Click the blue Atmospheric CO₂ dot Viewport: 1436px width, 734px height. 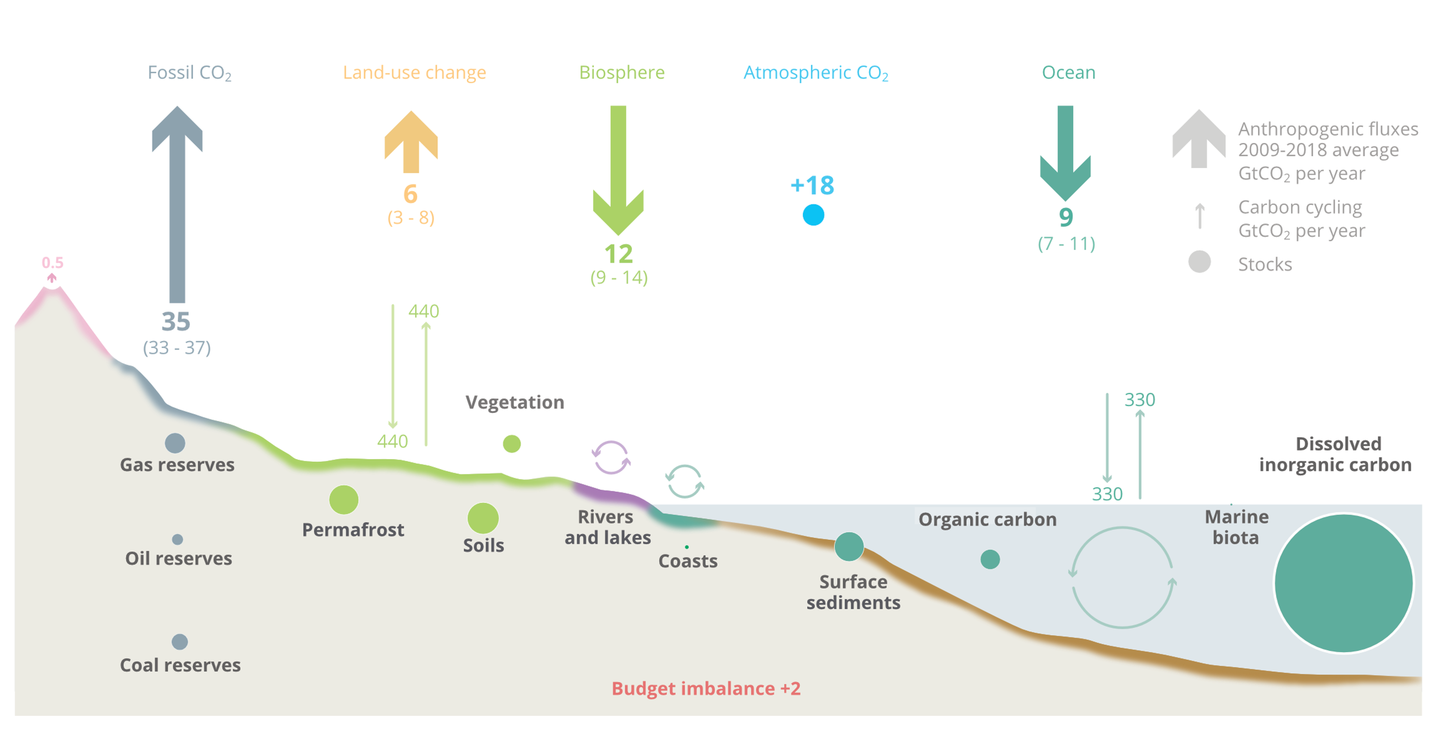813,215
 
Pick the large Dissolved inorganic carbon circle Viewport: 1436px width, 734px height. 1344,583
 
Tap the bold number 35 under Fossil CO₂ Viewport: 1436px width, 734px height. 176,322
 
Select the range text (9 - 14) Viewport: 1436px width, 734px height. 619,277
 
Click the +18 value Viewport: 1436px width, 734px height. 812,185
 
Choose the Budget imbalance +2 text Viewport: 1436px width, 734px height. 706,688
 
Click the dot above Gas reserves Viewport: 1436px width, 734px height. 175,443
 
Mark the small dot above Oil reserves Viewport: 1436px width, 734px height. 177,539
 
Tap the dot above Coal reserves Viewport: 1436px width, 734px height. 179,642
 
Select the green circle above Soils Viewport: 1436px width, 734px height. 483,518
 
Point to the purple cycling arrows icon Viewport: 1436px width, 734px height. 611,457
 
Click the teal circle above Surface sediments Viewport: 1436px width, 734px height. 849,547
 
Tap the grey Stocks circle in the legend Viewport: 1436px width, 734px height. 1199,261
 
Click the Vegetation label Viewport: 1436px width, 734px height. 515,402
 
